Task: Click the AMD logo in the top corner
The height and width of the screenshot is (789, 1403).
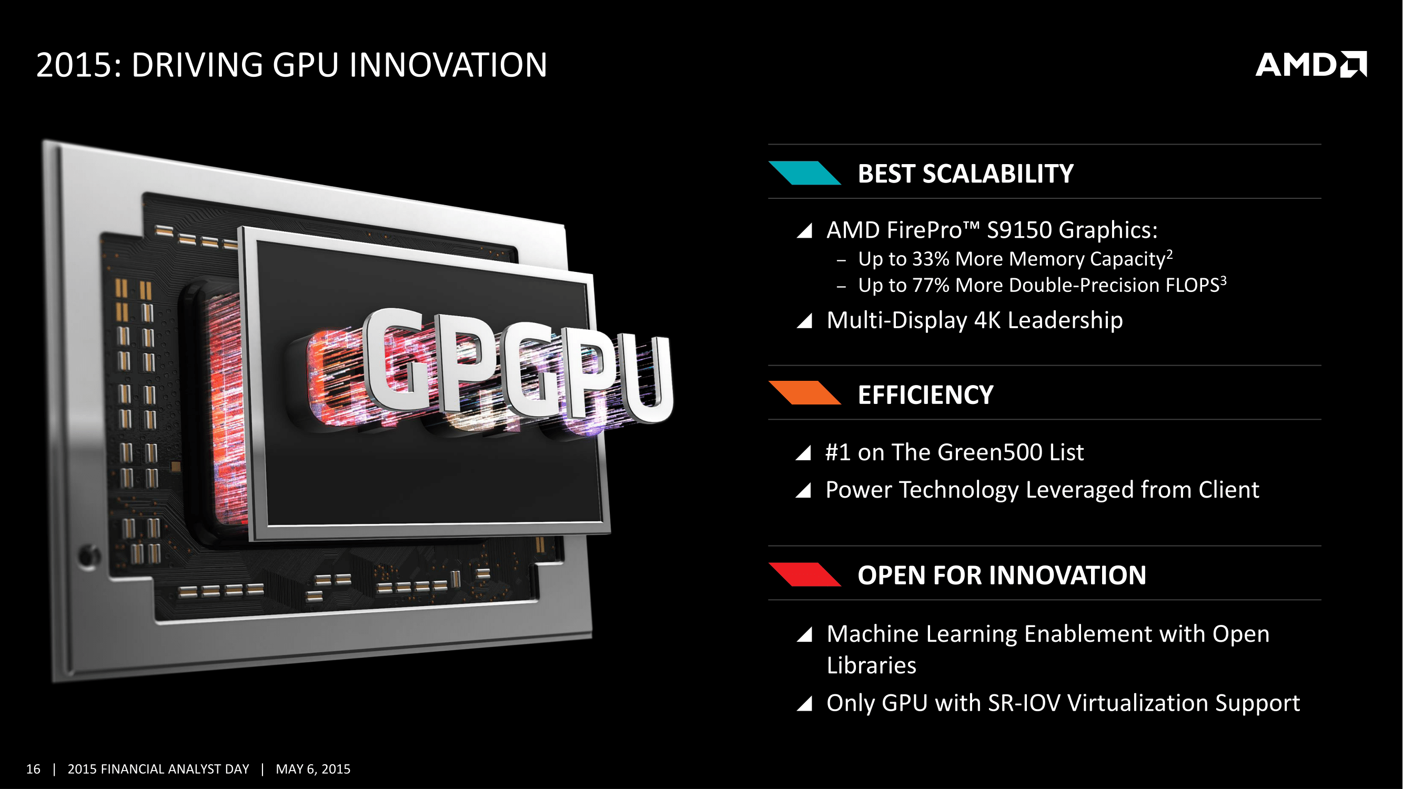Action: (x=1311, y=65)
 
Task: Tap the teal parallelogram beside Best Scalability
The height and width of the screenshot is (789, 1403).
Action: (x=804, y=173)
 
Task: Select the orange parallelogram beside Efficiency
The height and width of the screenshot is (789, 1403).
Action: (x=804, y=393)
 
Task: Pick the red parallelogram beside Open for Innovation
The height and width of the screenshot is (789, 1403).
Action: (x=804, y=574)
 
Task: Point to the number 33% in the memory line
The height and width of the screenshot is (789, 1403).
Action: (x=931, y=259)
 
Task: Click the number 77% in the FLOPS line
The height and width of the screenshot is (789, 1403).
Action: (x=931, y=285)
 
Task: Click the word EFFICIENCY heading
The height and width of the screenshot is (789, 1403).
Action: (x=925, y=395)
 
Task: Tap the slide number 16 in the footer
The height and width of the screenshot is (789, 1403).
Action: (x=33, y=769)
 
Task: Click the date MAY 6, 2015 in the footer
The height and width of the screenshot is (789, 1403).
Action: (x=312, y=769)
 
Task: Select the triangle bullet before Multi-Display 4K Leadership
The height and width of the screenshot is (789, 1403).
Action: (x=804, y=321)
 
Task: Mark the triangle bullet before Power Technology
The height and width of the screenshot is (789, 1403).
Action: (x=803, y=490)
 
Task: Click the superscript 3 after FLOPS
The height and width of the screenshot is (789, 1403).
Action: (x=1223, y=280)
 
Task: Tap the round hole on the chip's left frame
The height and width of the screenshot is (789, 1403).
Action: (x=89, y=556)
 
